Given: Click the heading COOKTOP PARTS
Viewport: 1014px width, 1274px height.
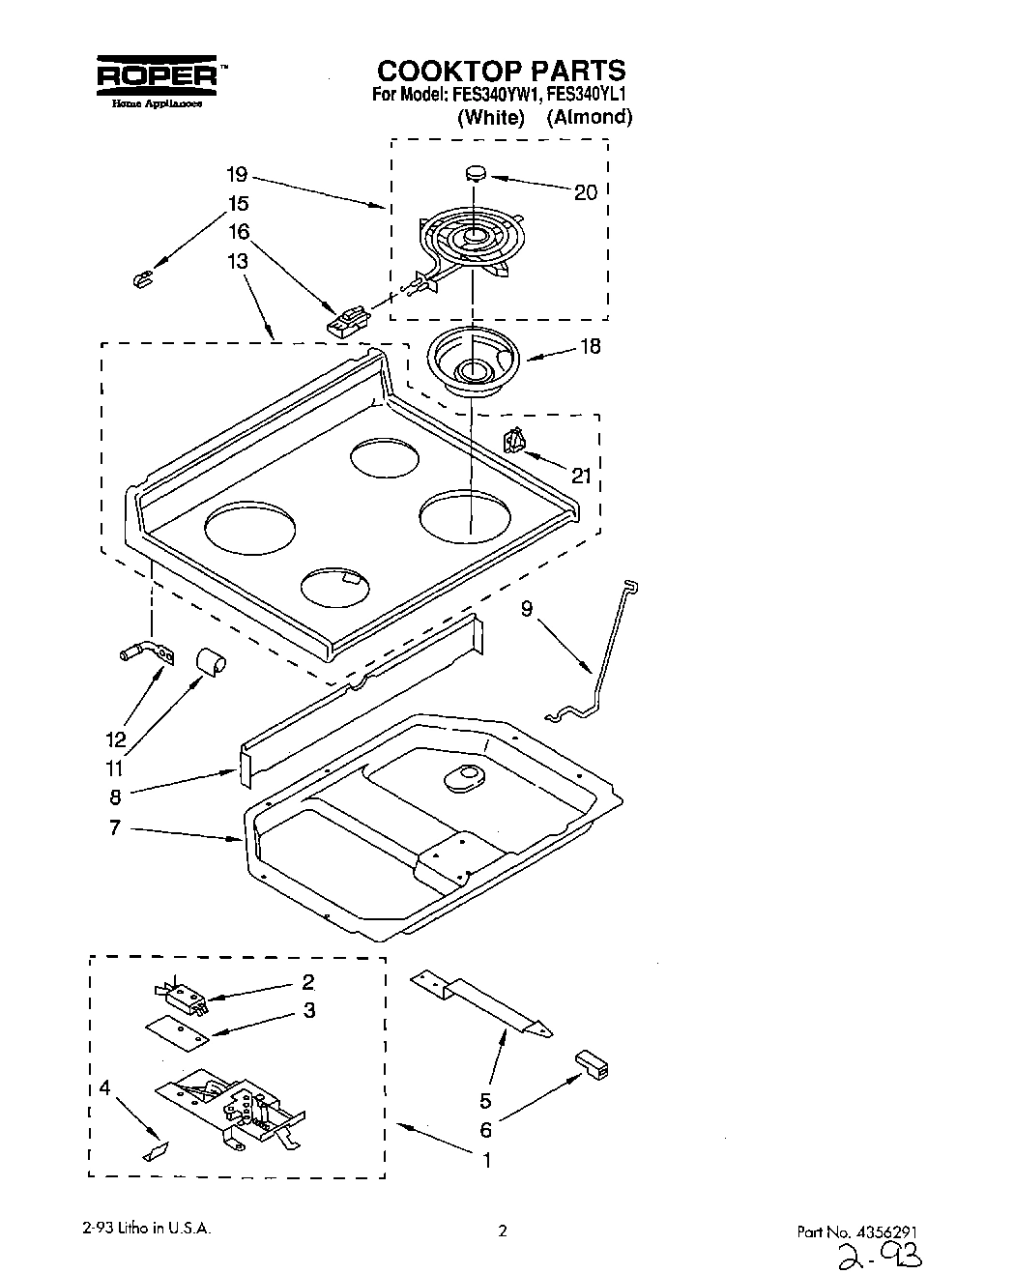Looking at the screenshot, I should pos(501,71).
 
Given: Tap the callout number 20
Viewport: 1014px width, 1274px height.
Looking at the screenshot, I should pos(586,192).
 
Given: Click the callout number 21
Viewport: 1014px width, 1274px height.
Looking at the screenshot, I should pos(581,475).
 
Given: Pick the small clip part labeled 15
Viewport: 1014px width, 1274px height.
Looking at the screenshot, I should pos(142,280).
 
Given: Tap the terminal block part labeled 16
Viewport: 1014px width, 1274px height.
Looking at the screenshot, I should pos(349,319).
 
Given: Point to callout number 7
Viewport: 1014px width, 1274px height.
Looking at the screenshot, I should pos(114,828).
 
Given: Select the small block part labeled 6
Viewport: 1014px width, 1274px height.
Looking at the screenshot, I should pos(593,1064).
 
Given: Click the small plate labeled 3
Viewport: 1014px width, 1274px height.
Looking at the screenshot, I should pos(176,1031).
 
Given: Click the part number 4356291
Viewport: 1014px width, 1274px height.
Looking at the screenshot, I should pos(889,1231).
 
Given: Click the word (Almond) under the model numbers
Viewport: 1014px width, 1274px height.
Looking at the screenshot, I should pos(589,118).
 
